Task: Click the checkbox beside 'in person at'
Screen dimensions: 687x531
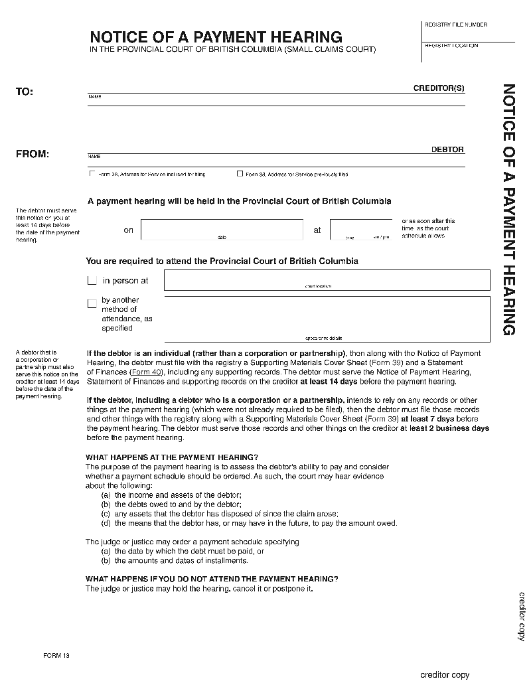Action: pyautogui.click(x=92, y=281)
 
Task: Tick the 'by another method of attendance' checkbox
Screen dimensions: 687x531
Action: pyautogui.click(x=92, y=304)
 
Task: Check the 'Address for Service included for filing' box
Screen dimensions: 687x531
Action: pyautogui.click(x=92, y=175)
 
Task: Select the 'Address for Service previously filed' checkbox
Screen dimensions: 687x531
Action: pyautogui.click(x=240, y=175)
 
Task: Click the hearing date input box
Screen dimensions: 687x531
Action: pyautogui.click(x=222, y=229)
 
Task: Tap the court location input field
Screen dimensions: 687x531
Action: pyautogui.click(x=327, y=280)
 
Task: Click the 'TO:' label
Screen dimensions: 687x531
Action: pyautogui.click(x=25, y=92)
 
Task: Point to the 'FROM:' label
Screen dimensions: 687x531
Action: pyautogui.click(x=33, y=154)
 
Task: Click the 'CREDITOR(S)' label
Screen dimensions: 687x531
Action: pyautogui.click(x=439, y=88)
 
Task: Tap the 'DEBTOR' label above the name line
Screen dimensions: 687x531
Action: pyautogui.click(x=447, y=149)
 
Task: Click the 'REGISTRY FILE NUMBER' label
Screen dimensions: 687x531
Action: pyautogui.click(x=455, y=25)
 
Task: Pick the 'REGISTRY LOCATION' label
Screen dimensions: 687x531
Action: pyautogui.click(x=451, y=46)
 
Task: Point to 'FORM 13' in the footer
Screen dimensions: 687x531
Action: pyautogui.click(x=56, y=656)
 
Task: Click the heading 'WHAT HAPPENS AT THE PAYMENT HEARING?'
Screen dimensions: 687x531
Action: pyautogui.click(x=172, y=457)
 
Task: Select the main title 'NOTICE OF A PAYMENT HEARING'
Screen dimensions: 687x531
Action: pyautogui.click(x=216, y=37)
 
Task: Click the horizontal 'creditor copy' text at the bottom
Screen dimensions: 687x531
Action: pyautogui.click(x=445, y=675)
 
